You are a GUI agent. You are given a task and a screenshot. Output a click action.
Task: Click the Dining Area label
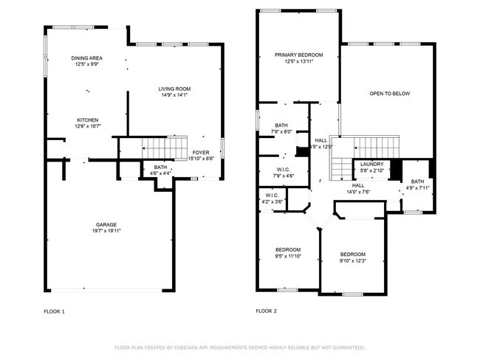click(x=86, y=58)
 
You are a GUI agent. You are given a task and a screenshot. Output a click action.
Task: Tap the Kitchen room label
click(x=88, y=120)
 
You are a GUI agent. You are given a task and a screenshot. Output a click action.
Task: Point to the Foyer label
click(x=202, y=153)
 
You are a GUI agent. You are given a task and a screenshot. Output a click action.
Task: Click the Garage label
click(x=106, y=224)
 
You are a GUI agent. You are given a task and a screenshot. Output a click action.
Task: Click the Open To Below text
click(x=390, y=94)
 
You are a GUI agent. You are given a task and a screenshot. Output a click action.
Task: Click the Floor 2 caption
click(x=266, y=311)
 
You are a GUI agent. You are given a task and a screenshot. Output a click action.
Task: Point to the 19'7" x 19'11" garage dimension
click(x=106, y=231)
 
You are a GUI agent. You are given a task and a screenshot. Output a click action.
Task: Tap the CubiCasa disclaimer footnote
click(x=239, y=347)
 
